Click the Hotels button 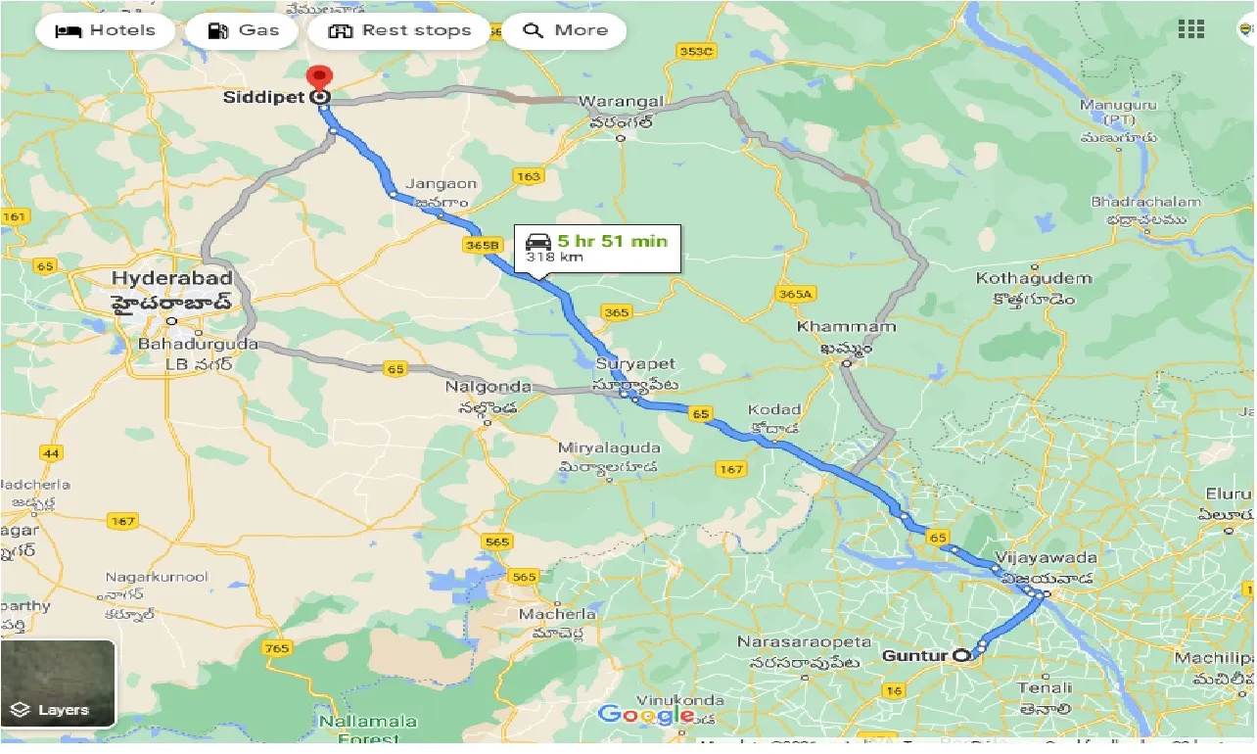[x=106, y=30]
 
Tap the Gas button [x=245, y=30]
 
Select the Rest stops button [x=399, y=30]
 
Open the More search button [x=567, y=30]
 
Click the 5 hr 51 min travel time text [x=612, y=241]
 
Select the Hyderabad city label [x=171, y=278]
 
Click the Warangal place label [x=621, y=102]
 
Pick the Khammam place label [x=832, y=326]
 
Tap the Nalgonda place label [x=489, y=387]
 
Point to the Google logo [x=646, y=715]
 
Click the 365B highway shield [x=484, y=244]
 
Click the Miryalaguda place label [x=609, y=448]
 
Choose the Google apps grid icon [x=1191, y=29]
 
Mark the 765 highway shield [x=277, y=648]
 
